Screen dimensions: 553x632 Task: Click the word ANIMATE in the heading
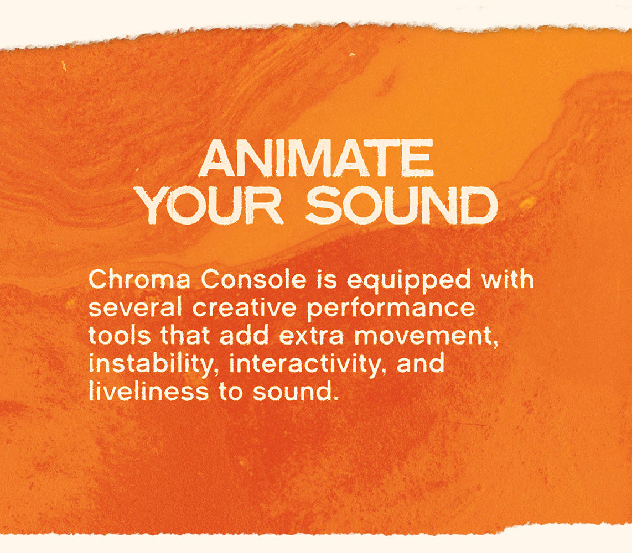click(316, 159)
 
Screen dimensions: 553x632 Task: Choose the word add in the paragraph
click(241, 336)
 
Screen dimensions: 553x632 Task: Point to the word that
click(181, 336)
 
